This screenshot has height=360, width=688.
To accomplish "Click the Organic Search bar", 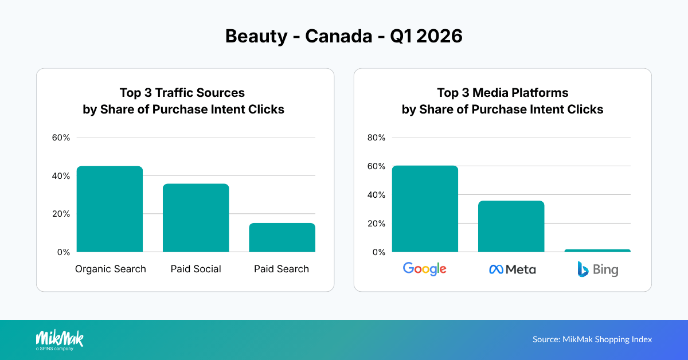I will pyautogui.click(x=110, y=209).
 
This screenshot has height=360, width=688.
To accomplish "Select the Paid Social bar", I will pyautogui.click(x=196, y=218).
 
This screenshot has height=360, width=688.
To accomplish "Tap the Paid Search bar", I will pyautogui.click(x=282, y=237).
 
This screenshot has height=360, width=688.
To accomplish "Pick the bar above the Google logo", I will pyautogui.click(x=425, y=209).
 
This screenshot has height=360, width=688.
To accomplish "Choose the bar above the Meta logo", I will pyautogui.click(x=511, y=226).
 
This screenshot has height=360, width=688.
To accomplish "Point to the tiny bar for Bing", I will pyautogui.click(x=597, y=251).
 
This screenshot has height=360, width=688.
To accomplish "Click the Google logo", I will pyautogui.click(x=425, y=269).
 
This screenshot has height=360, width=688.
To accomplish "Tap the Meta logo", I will pyautogui.click(x=512, y=269).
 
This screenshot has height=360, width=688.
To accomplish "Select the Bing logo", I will pyautogui.click(x=597, y=269).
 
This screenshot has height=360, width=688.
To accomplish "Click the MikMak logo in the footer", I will pyautogui.click(x=60, y=339).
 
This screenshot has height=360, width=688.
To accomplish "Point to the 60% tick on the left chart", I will pyautogui.click(x=61, y=138).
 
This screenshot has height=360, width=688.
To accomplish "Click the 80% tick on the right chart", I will pyautogui.click(x=376, y=138).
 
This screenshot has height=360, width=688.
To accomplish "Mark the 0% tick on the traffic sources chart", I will pyautogui.click(x=64, y=252).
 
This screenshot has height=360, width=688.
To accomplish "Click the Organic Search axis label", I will pyautogui.click(x=111, y=269).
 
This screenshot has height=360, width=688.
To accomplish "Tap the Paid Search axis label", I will pyautogui.click(x=282, y=269).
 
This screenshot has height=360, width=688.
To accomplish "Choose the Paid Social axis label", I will pyautogui.click(x=196, y=269).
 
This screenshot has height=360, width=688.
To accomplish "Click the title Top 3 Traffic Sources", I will pyautogui.click(x=182, y=93).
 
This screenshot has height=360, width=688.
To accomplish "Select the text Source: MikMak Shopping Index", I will pyautogui.click(x=592, y=339).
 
